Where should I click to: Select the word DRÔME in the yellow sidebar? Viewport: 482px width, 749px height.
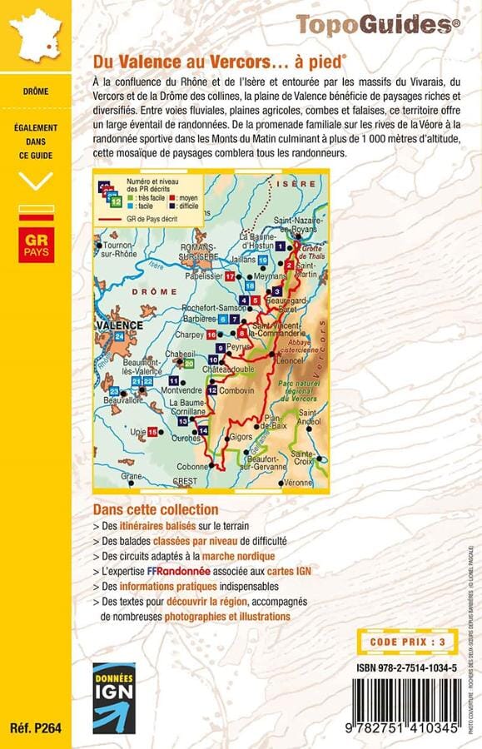pyautogui.click(x=36, y=91)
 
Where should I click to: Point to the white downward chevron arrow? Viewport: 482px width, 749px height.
pyautogui.click(x=36, y=179)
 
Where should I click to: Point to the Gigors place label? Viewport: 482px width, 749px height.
pyautogui.click(x=241, y=435)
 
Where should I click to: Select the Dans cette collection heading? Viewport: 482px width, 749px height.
pyautogui.click(x=156, y=508)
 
